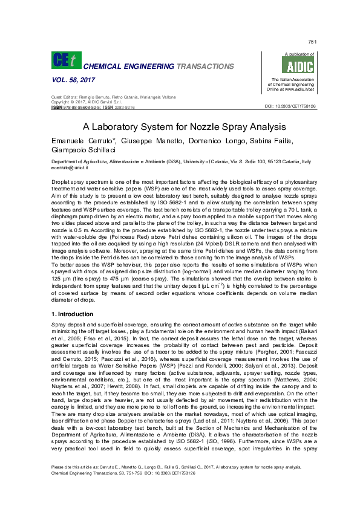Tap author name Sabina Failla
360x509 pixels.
(x=272, y=141)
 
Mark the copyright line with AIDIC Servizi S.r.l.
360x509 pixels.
(x=85, y=102)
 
